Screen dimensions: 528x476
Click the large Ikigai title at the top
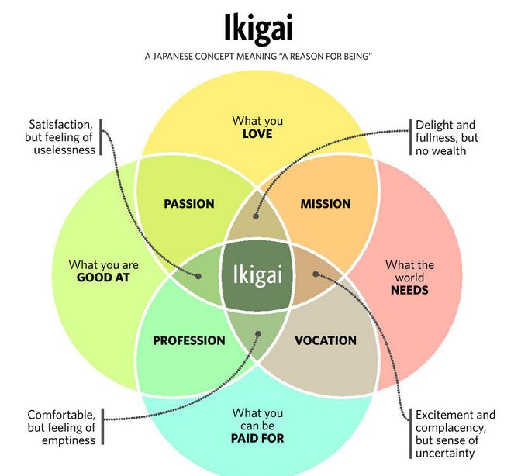[x=258, y=29]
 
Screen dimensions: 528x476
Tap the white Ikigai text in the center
[x=257, y=274]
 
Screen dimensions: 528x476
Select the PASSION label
[x=189, y=204]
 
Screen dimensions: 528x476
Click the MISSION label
[x=326, y=204]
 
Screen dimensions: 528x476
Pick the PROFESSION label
[x=189, y=340]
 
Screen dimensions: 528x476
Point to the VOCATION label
[x=326, y=340]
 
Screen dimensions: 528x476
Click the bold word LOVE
[x=257, y=134]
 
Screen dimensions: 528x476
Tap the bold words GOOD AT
[x=103, y=278]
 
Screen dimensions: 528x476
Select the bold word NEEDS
[x=409, y=290]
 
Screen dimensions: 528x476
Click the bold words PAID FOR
[x=257, y=438]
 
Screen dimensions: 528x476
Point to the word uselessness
[x=64, y=150]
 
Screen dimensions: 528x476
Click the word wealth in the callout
[x=449, y=151]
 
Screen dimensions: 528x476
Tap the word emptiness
[x=68, y=440]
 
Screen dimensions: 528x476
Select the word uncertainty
[x=445, y=453]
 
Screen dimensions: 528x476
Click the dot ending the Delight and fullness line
[x=256, y=216]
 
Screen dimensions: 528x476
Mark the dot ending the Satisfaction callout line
[x=198, y=276]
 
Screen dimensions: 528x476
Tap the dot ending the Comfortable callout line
[x=258, y=334]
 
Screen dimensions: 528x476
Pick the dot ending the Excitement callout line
[x=316, y=274]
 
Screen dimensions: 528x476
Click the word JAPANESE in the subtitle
[x=173, y=57]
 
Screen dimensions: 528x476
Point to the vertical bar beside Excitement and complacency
[x=410, y=433]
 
